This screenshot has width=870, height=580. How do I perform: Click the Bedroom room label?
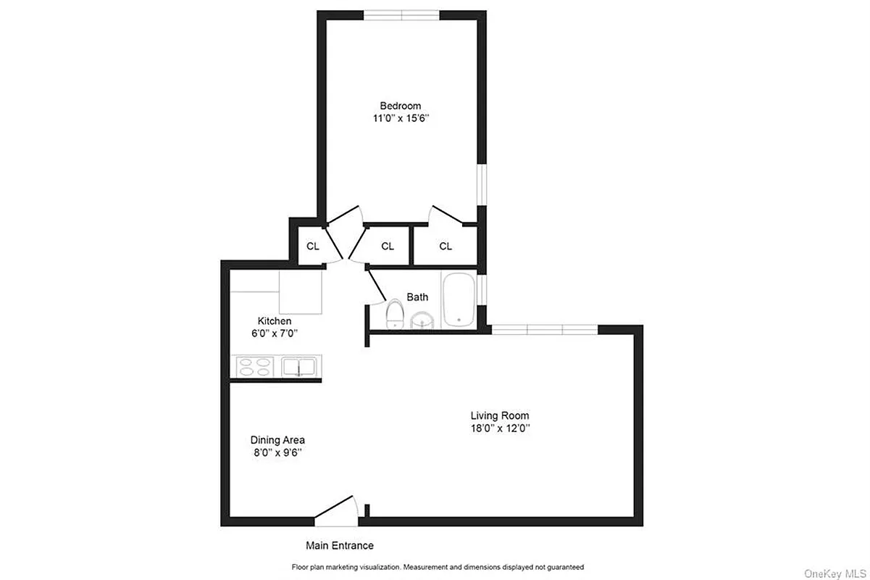[x=400, y=106]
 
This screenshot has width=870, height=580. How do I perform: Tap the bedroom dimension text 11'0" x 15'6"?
[x=400, y=119]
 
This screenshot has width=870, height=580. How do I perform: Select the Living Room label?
[x=500, y=415]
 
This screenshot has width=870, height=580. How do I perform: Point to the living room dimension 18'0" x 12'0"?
[x=500, y=428]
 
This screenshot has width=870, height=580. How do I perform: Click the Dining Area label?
[x=277, y=439]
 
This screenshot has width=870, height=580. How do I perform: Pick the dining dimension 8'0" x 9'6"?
[x=277, y=452]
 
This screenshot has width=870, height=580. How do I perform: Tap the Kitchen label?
[x=275, y=320]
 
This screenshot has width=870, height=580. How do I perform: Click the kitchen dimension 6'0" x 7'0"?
[x=275, y=333]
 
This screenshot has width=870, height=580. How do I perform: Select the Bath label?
[x=417, y=297]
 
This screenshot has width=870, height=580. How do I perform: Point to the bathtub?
[x=458, y=299]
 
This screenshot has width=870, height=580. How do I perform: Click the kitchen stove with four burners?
[x=255, y=368]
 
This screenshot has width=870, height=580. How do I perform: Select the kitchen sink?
[x=300, y=368]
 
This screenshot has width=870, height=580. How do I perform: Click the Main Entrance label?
[x=339, y=545]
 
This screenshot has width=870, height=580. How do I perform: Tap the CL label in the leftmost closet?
[x=312, y=246]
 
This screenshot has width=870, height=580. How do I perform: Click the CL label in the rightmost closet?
[x=446, y=246]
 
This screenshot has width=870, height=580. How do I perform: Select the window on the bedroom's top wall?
[x=401, y=14]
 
